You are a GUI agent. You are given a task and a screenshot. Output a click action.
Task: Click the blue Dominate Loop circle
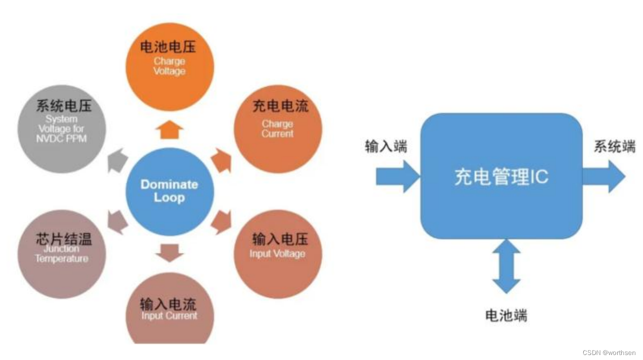(169, 192)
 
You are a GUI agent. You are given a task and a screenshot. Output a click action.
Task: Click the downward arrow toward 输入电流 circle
(169, 252)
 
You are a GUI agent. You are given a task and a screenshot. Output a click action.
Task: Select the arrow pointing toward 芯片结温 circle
(117, 222)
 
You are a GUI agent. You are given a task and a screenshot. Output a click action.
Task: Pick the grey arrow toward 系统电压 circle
(117, 160)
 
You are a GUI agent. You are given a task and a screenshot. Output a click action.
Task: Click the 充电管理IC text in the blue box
(501, 177)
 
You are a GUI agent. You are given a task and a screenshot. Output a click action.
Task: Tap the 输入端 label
(386, 146)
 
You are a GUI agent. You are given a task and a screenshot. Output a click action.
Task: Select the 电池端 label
(506, 316)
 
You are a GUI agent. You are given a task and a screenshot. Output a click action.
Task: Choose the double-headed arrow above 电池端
(506, 266)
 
